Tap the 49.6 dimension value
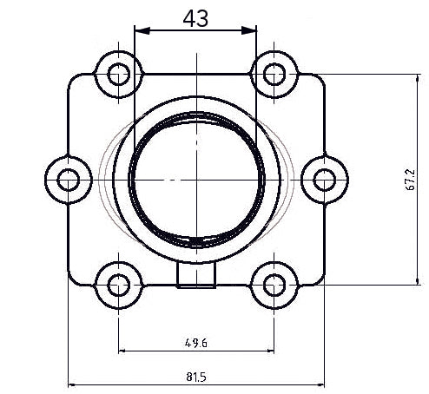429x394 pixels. coord(195,342)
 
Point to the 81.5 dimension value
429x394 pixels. coord(195,377)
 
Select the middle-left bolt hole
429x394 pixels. coord(68,180)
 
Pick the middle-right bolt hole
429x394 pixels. coord(323,180)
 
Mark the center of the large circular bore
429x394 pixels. coord(196,180)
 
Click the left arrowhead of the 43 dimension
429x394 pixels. coord(140,30)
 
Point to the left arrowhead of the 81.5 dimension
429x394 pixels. coord(72,384)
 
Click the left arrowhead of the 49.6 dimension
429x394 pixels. coord(122,351)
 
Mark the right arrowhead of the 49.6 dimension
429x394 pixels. coord(268,351)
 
